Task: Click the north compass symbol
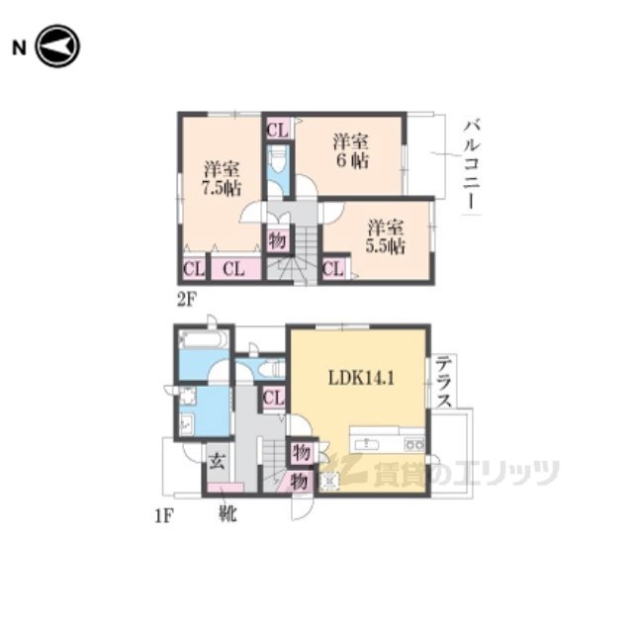(x=57, y=46)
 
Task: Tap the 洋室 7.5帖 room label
(x=222, y=178)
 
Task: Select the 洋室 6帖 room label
(x=350, y=151)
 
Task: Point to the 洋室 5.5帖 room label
(x=386, y=237)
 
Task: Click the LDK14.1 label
(x=361, y=378)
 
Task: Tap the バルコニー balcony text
(x=472, y=165)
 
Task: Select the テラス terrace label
(x=444, y=382)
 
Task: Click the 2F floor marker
(x=187, y=300)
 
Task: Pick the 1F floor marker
(x=164, y=516)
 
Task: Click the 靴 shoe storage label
(x=227, y=513)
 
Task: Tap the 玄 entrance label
(x=217, y=461)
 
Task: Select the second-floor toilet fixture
(x=278, y=161)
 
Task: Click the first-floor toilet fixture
(x=272, y=369)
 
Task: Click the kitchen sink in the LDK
(x=367, y=444)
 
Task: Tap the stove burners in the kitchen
(x=414, y=444)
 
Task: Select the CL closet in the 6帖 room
(x=278, y=130)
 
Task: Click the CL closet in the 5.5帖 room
(x=334, y=268)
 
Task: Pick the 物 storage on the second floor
(x=278, y=241)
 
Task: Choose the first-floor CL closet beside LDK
(x=274, y=398)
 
